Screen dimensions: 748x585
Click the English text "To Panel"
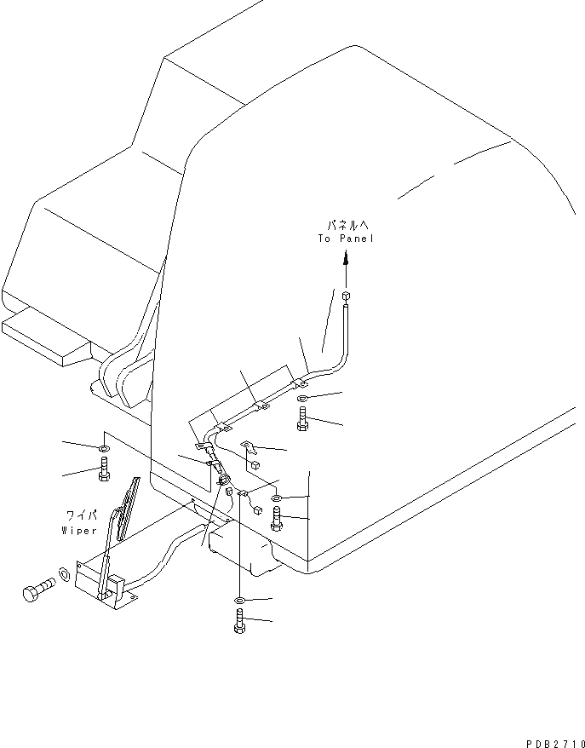(x=346, y=239)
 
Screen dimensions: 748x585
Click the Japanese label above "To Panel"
(x=347, y=226)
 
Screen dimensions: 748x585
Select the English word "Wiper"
(x=80, y=529)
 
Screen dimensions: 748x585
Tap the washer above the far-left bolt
(x=102, y=448)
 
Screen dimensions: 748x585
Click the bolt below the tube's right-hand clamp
(x=303, y=418)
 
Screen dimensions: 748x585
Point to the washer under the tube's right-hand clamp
(x=304, y=398)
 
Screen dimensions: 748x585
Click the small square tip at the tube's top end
(x=346, y=296)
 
